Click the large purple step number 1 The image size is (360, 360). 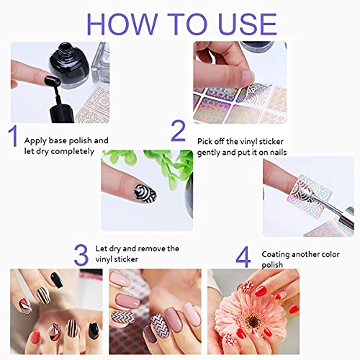[x=12, y=137]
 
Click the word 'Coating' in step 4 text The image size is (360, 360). [x=277, y=253]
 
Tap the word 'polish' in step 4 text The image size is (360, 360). [x=273, y=265]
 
